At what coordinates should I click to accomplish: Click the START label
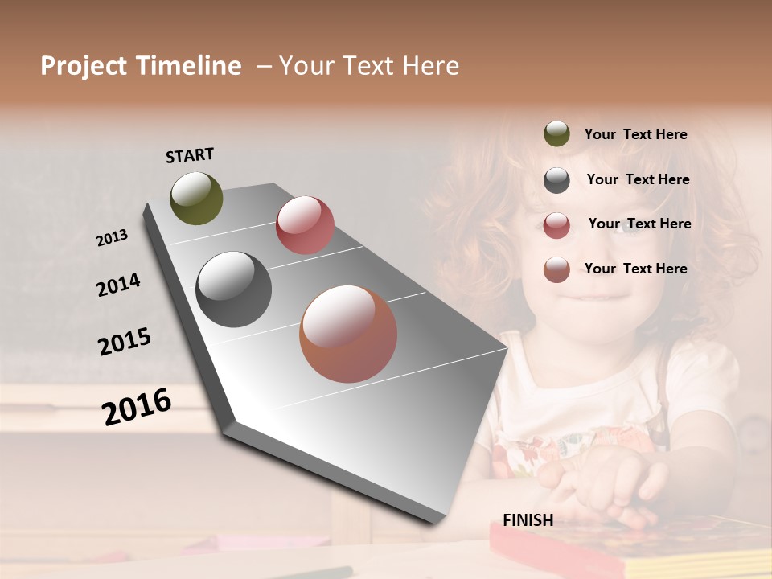(190, 155)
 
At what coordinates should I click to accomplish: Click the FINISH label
(528, 520)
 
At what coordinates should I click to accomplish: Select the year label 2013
(113, 238)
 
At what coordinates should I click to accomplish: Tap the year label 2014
(118, 285)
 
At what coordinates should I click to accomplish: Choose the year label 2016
(137, 407)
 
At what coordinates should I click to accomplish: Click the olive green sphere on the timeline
(196, 198)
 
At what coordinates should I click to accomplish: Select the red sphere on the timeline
(305, 225)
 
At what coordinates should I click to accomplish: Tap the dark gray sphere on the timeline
(233, 289)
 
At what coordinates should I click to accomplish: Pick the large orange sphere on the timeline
(348, 334)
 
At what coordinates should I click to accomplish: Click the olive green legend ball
(556, 134)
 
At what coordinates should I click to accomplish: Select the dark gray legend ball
(556, 180)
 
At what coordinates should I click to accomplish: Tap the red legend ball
(556, 225)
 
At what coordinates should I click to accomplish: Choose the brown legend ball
(556, 270)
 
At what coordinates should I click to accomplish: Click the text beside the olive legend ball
(635, 134)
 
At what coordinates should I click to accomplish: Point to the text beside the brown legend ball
(635, 269)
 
